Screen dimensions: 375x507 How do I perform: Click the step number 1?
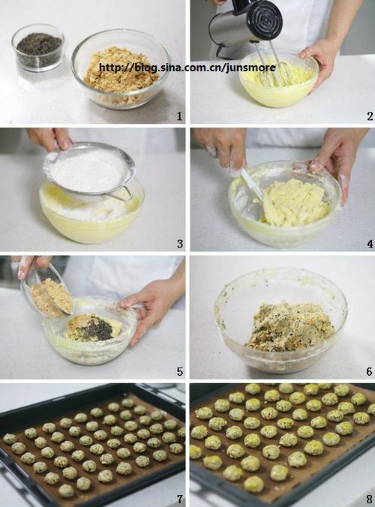coord(179,116)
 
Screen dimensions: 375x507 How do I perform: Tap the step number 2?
coord(370,116)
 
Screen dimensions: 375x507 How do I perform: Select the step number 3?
coord(180,244)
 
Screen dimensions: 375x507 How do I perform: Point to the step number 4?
coord(370,244)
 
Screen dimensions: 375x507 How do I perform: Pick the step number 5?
coord(180,371)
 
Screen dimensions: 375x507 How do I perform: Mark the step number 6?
coord(369,371)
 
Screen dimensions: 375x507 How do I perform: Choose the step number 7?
coord(180,499)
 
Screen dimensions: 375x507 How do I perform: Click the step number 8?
coord(369,499)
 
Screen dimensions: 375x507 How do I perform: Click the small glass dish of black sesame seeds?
coord(38,48)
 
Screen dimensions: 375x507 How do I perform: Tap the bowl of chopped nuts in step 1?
coord(121,68)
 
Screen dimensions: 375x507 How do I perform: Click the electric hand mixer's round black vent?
coord(265,19)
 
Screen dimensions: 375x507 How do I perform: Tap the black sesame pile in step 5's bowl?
coord(97,328)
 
